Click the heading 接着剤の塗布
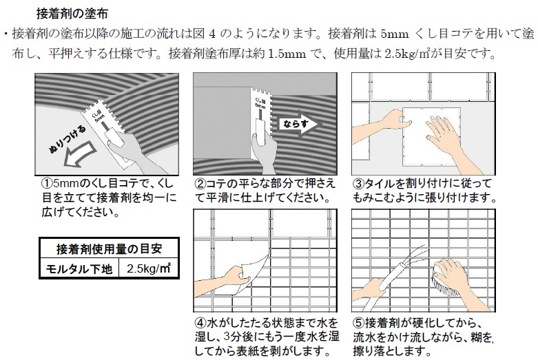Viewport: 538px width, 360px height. (x=72, y=13)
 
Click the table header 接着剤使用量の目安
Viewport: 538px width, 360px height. (x=109, y=248)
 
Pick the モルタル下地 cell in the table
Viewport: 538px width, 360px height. (x=79, y=268)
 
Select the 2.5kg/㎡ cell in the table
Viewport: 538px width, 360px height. (x=149, y=268)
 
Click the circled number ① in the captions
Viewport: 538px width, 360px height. (x=47, y=183)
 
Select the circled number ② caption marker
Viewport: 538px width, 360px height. (x=200, y=184)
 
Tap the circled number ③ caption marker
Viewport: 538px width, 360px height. (x=358, y=184)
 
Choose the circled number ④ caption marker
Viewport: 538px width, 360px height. (x=200, y=323)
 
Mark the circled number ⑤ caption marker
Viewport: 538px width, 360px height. (x=359, y=323)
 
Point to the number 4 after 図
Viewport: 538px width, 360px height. (x=212, y=34)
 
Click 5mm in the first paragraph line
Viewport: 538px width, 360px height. (x=395, y=34)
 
